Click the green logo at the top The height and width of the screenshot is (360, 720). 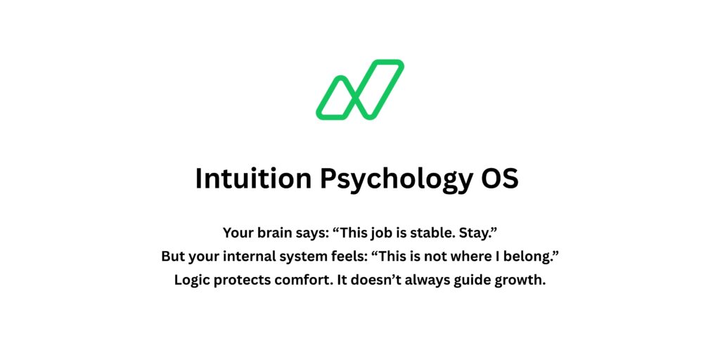(x=359, y=90)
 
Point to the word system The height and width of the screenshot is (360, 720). (x=309, y=257)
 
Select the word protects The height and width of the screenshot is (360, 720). (x=247, y=281)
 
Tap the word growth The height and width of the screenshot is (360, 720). (x=525, y=281)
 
